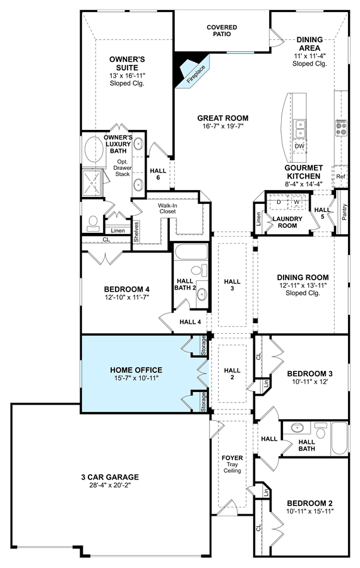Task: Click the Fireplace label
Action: click(x=196, y=74)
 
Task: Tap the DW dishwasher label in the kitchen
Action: click(x=299, y=146)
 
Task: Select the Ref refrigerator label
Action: click(x=341, y=177)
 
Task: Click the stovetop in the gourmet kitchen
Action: click(x=341, y=128)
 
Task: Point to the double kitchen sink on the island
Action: click(x=300, y=129)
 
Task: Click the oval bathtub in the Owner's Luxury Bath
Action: click(x=93, y=149)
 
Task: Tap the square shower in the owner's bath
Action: click(x=92, y=183)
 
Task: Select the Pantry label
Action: click(x=344, y=212)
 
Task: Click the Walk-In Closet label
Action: click(x=167, y=208)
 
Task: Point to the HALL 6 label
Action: click(x=158, y=174)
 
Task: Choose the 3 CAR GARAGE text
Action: click(x=110, y=477)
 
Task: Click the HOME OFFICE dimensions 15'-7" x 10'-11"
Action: click(x=136, y=378)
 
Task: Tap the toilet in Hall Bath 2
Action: click(x=198, y=270)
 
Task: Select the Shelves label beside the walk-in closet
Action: click(x=136, y=232)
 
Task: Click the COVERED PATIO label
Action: click(x=222, y=30)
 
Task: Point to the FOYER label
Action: click(x=232, y=458)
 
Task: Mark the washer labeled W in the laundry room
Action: click(x=297, y=202)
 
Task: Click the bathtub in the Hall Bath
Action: click(x=340, y=438)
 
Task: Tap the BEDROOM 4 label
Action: click(x=126, y=289)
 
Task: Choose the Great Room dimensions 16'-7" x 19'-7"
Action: click(x=222, y=126)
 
